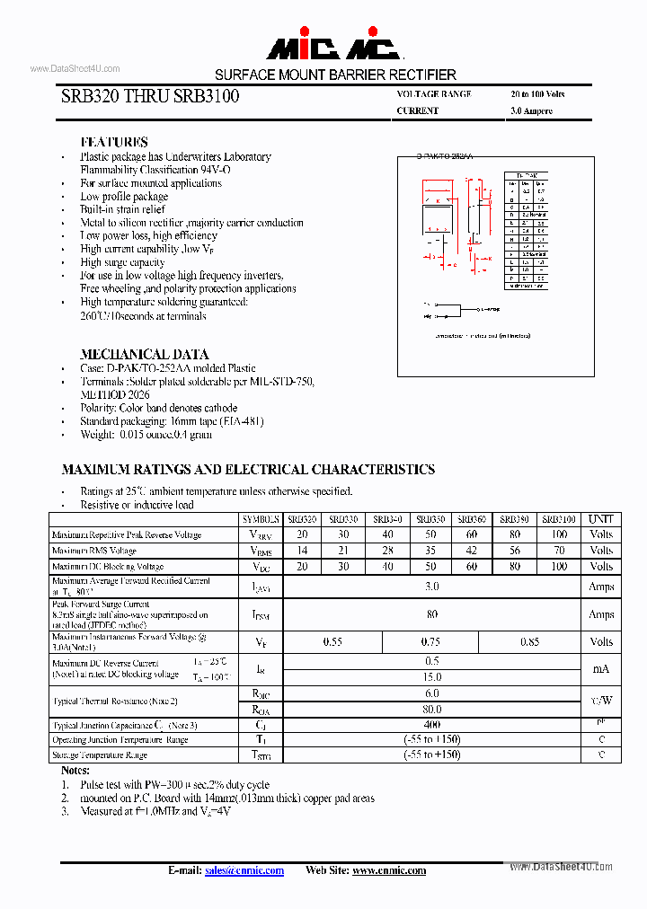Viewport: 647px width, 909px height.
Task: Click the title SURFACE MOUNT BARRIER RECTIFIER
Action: (x=335, y=75)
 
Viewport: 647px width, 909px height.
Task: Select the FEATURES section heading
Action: (x=114, y=142)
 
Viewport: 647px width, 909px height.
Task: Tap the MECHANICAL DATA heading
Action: (x=144, y=354)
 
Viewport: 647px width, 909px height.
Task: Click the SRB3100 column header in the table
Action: (x=560, y=519)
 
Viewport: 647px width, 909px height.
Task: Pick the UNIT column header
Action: (x=601, y=519)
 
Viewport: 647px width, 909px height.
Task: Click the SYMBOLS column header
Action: (x=261, y=519)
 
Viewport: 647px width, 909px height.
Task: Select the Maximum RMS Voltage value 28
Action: (x=388, y=551)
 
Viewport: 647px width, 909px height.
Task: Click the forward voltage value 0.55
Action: (x=332, y=641)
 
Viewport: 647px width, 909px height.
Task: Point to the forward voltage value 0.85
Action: (x=530, y=641)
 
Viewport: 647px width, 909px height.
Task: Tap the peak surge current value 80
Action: (x=431, y=614)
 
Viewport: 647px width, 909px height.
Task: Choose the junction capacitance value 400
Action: (x=431, y=724)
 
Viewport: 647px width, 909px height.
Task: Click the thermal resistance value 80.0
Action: (x=431, y=709)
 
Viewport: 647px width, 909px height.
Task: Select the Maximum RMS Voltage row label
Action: (x=94, y=551)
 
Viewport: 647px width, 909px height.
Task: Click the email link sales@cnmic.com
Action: (x=244, y=870)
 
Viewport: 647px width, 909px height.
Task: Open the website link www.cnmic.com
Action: (x=389, y=870)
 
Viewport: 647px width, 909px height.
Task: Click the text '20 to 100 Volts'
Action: (x=537, y=94)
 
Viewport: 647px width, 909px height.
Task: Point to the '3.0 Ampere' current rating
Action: (x=531, y=111)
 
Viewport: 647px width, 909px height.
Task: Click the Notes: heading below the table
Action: (x=75, y=771)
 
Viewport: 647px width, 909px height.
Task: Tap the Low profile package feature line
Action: (x=124, y=196)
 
